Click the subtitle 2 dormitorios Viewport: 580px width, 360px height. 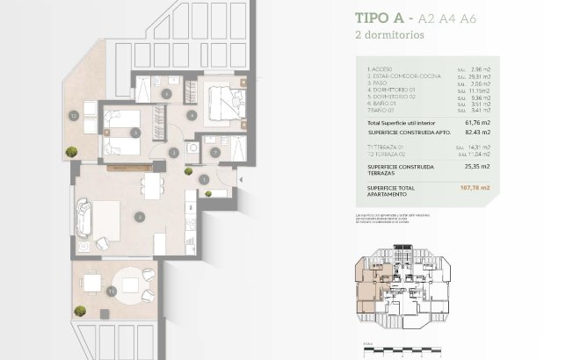(388, 36)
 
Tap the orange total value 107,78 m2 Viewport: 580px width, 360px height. (475, 188)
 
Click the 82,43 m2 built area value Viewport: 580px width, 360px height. (478, 132)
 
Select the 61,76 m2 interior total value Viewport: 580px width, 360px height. (478, 123)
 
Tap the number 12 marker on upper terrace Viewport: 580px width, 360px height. (76, 115)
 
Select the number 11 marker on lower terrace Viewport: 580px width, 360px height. (111, 290)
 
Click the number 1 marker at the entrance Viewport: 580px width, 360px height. (203, 180)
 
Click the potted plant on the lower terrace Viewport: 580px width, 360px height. (80, 310)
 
